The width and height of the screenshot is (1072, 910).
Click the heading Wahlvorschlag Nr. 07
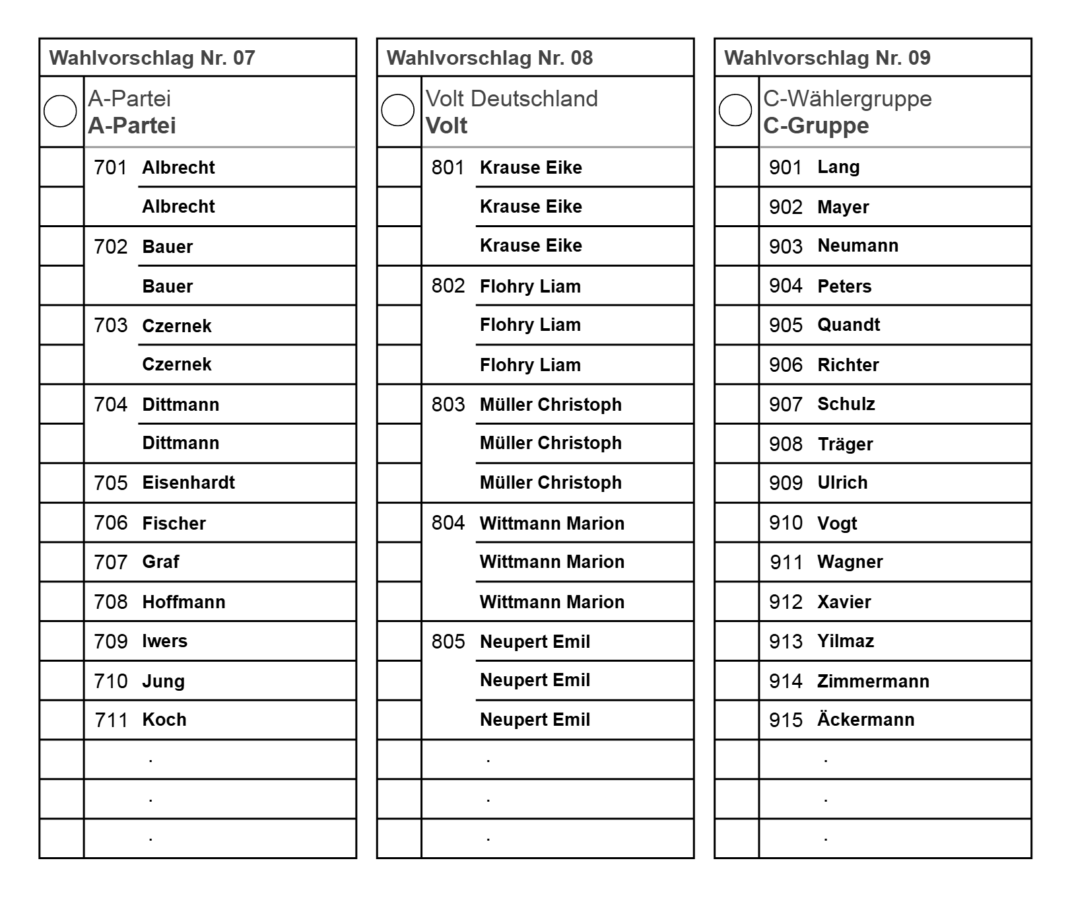click(x=152, y=58)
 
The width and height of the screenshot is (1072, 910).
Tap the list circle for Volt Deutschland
click(x=397, y=110)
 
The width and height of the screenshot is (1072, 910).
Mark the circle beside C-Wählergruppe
click(x=735, y=110)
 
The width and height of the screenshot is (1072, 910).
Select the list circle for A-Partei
click(x=60, y=110)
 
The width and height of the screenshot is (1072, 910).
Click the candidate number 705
click(x=110, y=483)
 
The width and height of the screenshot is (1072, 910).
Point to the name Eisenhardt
click(x=188, y=483)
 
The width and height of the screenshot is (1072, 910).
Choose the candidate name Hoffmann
click(x=184, y=602)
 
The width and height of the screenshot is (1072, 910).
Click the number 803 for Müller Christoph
click(x=448, y=404)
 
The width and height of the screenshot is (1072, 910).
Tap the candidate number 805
click(x=448, y=641)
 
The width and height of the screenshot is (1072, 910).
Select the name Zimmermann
click(x=873, y=681)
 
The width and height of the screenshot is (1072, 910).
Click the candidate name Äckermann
click(x=865, y=720)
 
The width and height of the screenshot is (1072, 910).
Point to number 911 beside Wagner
click(x=786, y=562)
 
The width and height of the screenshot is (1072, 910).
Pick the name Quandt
click(x=848, y=325)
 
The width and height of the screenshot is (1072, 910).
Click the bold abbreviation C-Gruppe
click(x=816, y=125)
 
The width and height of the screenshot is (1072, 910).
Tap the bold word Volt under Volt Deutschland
click(x=446, y=125)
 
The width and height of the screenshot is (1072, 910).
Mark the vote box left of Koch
click(x=61, y=720)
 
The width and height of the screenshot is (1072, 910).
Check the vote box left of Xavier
click(x=737, y=602)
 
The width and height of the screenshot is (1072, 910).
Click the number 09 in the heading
click(x=919, y=58)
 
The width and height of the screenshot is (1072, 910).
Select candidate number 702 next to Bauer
click(x=110, y=246)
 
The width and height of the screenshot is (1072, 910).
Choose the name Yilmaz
click(x=845, y=641)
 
